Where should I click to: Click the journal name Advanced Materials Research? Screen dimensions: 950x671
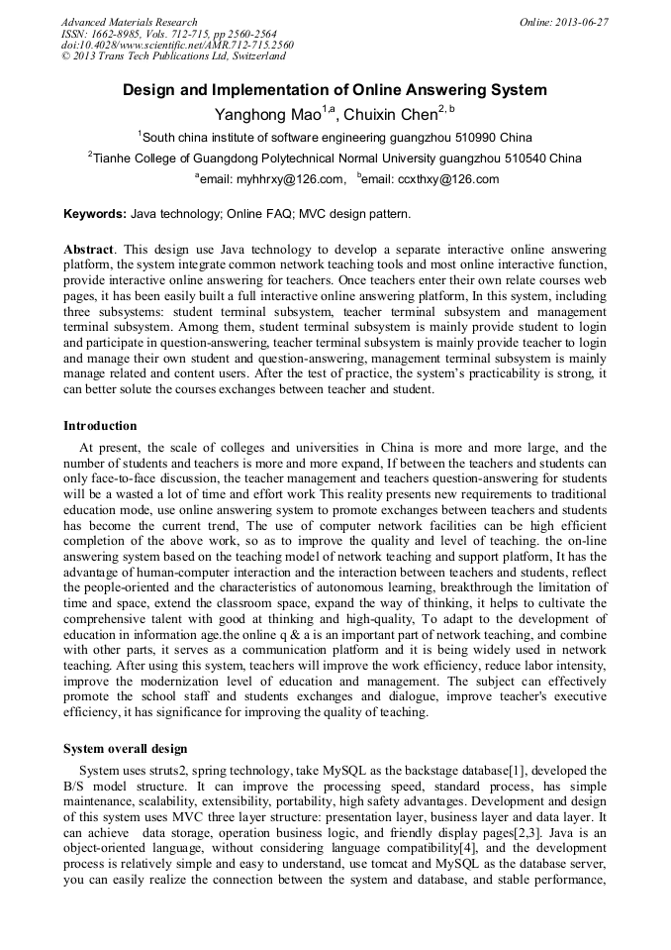pyautogui.click(x=129, y=22)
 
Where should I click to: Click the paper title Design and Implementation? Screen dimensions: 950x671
pyautogui.click(x=335, y=90)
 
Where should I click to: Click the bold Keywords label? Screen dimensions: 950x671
pyautogui.click(x=95, y=214)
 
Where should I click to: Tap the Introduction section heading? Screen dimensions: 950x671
pyautogui.click(x=100, y=426)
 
